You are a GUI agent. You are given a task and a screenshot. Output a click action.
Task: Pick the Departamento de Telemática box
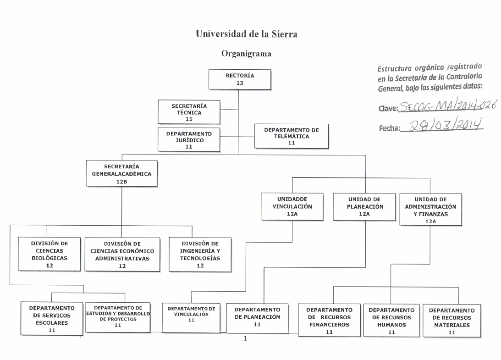(292, 136)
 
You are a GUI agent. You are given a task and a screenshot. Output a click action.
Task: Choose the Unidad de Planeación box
(364, 207)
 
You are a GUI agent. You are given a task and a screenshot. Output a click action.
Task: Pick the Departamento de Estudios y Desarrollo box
(118, 316)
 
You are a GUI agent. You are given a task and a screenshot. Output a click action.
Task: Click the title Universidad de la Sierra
(247, 33)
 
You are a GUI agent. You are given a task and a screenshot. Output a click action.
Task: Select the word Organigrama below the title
(246, 54)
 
